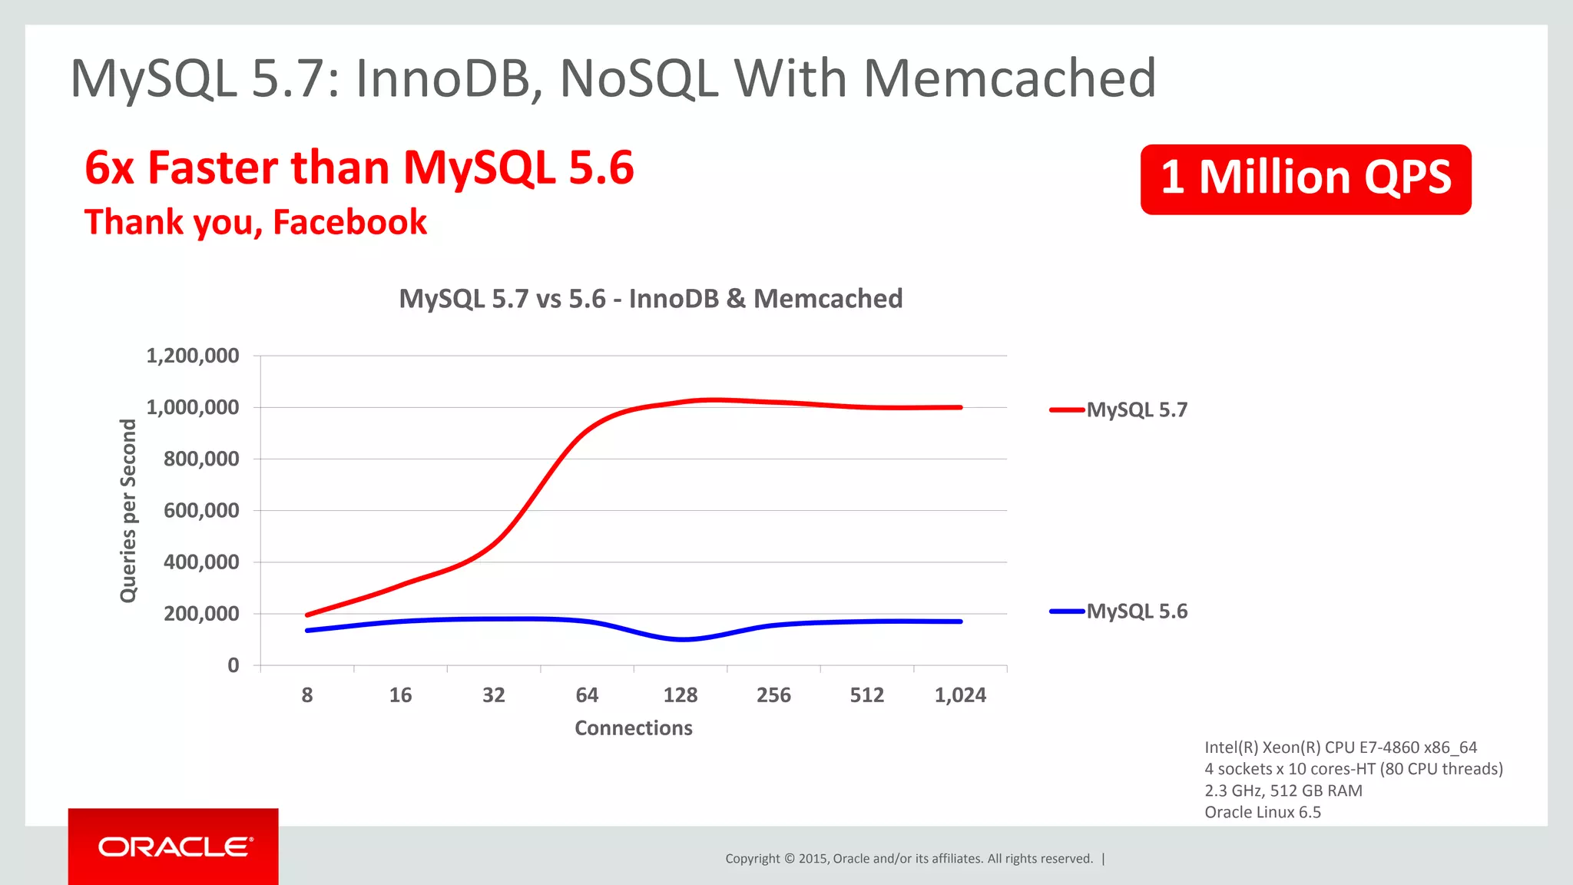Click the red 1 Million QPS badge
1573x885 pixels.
pyautogui.click(x=1305, y=179)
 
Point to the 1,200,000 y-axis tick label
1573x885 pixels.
pyautogui.click(x=193, y=356)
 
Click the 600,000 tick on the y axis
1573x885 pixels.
pyautogui.click(x=201, y=511)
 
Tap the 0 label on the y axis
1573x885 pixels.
pyautogui.click(x=233, y=665)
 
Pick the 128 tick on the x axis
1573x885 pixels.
pyautogui.click(x=681, y=695)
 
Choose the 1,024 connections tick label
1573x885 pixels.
pyautogui.click(x=960, y=695)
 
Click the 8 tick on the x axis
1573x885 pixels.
pyautogui.click(x=307, y=695)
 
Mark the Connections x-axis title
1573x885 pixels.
pyautogui.click(x=634, y=728)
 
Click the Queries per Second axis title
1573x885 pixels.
pyautogui.click(x=128, y=511)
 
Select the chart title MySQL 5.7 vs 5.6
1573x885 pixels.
pyautogui.click(x=651, y=298)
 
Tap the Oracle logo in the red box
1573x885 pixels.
pyautogui.click(x=174, y=847)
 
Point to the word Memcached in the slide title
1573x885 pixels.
pyautogui.click(x=1009, y=78)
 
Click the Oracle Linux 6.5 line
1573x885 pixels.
pyautogui.click(x=1263, y=812)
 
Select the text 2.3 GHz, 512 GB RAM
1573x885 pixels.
pyautogui.click(x=1283, y=791)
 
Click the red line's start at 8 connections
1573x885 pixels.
pyautogui.click(x=308, y=615)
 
